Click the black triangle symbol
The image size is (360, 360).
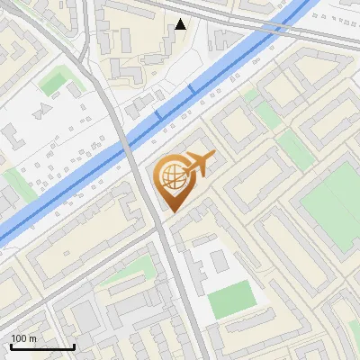[x=181, y=24]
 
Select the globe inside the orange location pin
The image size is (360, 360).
[x=171, y=176]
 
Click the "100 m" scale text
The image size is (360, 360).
[x=23, y=337]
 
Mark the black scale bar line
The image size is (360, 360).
[x=42, y=346]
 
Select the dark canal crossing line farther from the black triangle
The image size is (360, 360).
[x=158, y=114]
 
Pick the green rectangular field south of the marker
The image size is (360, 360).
[x=231, y=299]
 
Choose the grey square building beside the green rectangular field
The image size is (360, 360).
[x=217, y=262]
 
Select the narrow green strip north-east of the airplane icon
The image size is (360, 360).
[x=267, y=114]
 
